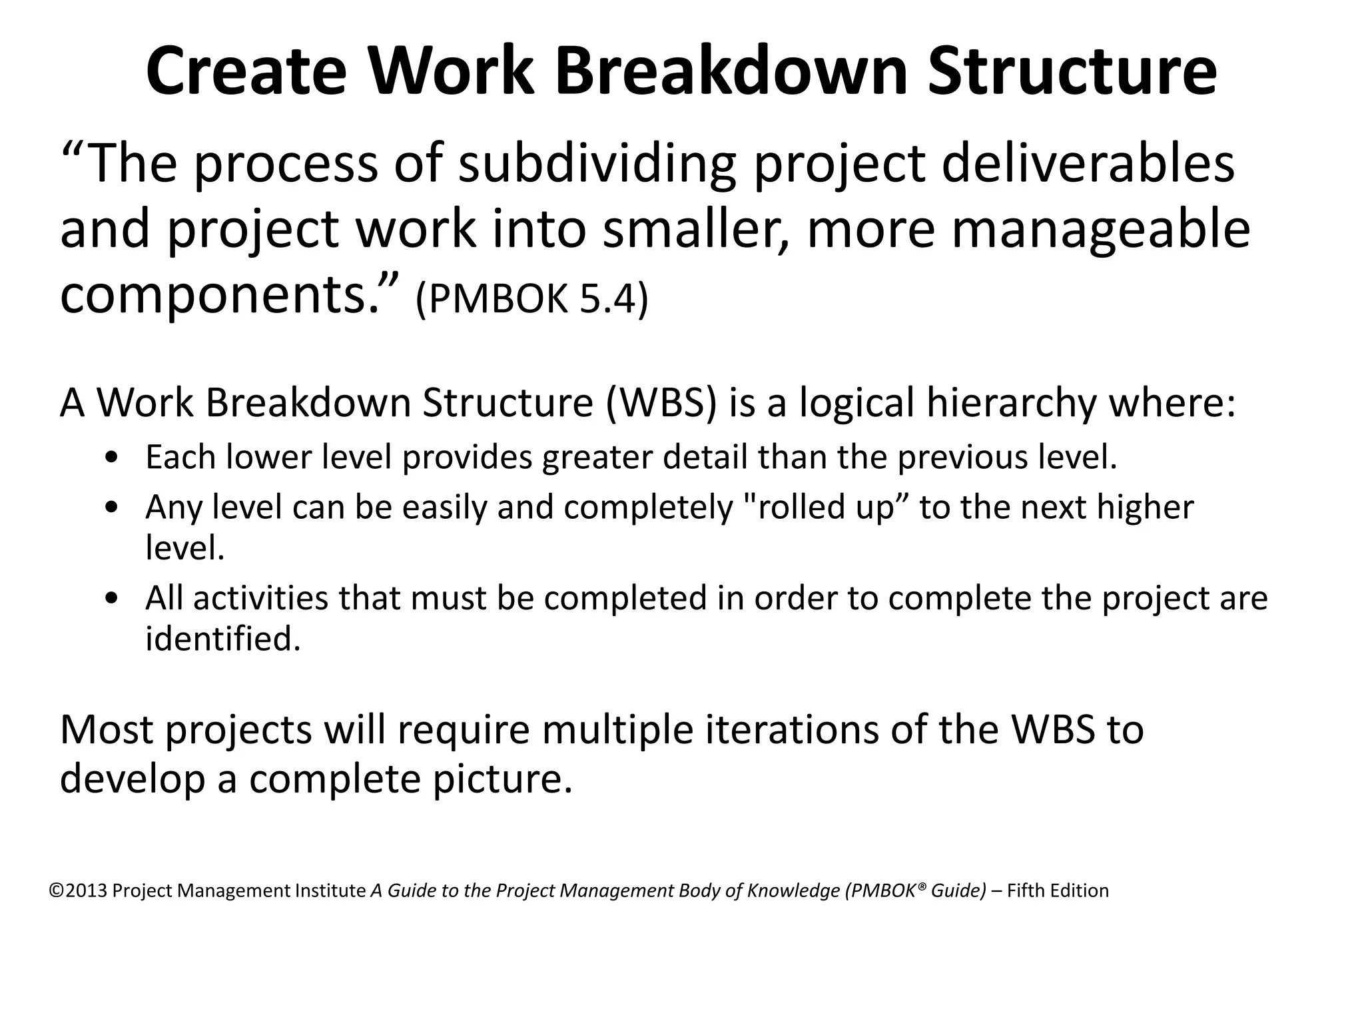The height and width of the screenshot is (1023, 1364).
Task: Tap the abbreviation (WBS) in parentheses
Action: tap(661, 403)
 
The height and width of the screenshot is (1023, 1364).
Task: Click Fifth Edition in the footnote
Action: tap(1058, 891)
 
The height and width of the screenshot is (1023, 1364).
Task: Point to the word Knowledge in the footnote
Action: tap(793, 891)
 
